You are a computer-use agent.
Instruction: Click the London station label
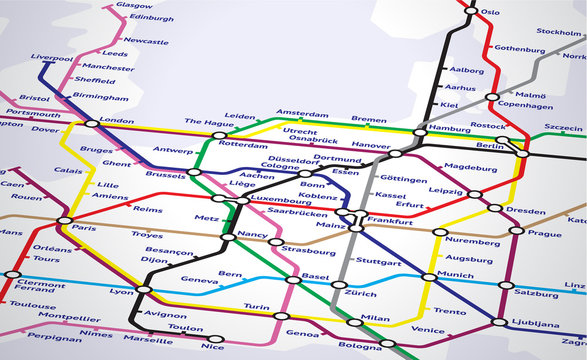click(117, 121)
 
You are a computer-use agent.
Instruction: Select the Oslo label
click(490, 12)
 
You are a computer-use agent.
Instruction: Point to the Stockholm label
click(559, 32)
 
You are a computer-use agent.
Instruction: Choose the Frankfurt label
click(390, 219)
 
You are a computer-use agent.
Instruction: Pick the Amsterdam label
click(302, 113)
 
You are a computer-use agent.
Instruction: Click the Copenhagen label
click(526, 105)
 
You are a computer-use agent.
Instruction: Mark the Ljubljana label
click(536, 324)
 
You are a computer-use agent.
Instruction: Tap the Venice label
click(428, 329)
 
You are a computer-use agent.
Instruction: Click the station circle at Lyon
click(144, 289)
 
